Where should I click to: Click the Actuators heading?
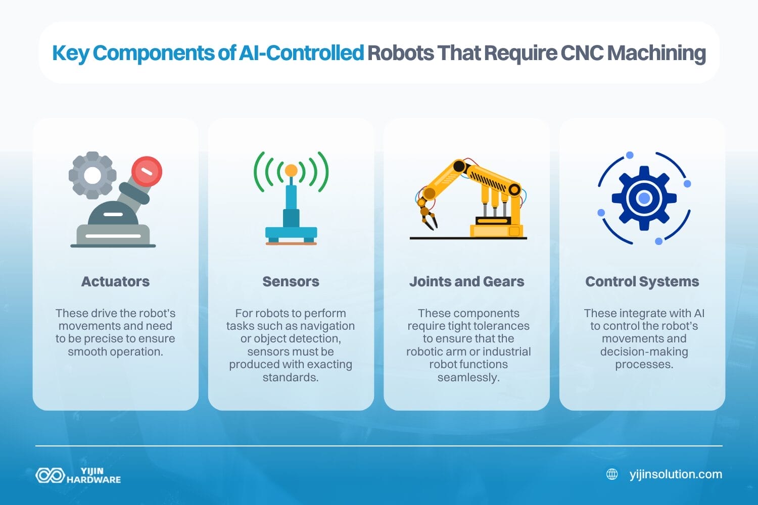pos(115,281)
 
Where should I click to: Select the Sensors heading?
pos(291,281)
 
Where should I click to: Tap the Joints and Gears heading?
pos(466,281)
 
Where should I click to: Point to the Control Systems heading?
pos(642,281)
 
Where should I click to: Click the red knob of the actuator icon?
pos(147,171)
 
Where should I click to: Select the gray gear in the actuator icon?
pos(92,175)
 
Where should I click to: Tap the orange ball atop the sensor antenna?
pos(291,170)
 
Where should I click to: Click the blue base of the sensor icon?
pos(291,233)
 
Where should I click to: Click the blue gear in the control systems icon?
pos(644,198)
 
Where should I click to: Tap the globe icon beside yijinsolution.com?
pos(612,474)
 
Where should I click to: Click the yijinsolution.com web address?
pos(676,474)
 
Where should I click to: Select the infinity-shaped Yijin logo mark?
pos(50,475)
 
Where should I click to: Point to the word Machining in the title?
pos(656,53)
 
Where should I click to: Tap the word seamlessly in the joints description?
pos(468,377)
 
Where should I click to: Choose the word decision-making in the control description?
pos(644,351)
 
